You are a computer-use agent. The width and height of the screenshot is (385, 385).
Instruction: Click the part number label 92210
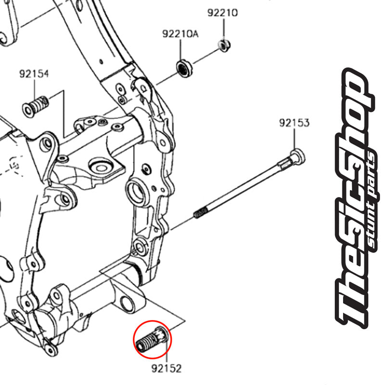[222, 13]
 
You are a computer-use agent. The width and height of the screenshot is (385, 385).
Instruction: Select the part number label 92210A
[180, 35]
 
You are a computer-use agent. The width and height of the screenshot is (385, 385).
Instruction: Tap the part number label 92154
[34, 74]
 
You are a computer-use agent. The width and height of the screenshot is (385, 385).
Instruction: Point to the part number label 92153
[294, 123]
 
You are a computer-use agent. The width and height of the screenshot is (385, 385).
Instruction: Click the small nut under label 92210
[223, 45]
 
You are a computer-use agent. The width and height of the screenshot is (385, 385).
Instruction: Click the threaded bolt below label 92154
[36, 104]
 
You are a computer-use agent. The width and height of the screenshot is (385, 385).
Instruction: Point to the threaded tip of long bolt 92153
[200, 212]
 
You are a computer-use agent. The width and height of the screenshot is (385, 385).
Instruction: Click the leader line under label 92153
[294, 140]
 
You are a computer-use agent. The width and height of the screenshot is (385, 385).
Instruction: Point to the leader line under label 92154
[34, 89]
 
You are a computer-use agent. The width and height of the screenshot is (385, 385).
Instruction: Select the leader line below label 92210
[223, 29]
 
